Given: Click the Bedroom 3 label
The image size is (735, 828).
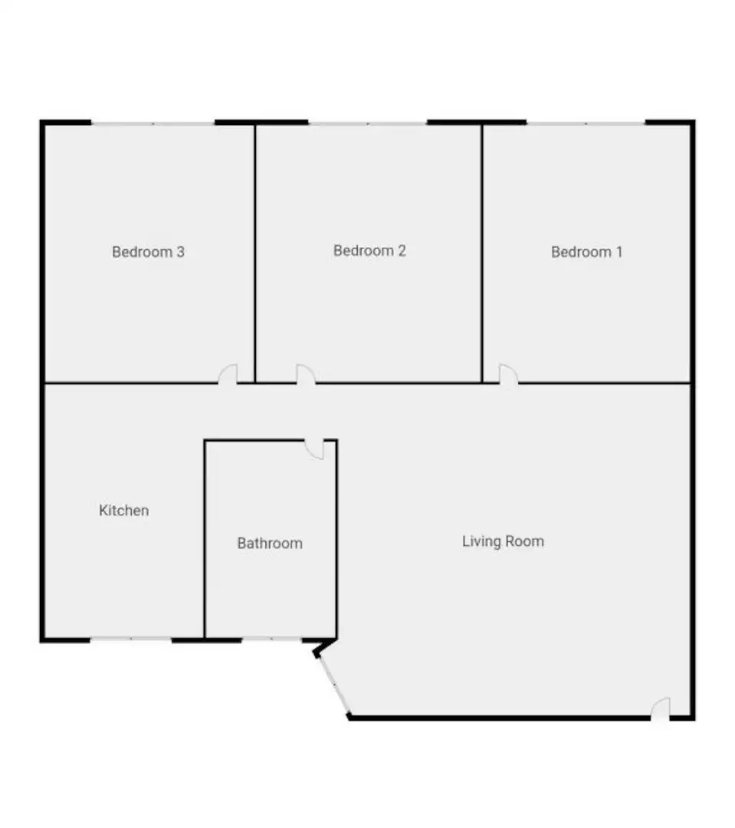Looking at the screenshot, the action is coord(148,252).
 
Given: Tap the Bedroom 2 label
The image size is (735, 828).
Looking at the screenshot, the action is coord(369,250).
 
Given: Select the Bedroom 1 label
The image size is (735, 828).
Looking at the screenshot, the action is coord(586,252).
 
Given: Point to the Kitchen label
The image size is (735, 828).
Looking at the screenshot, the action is coord(124,511).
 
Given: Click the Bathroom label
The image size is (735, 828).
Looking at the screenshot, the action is coord(270,544).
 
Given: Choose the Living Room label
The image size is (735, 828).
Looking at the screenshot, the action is coord(504,541).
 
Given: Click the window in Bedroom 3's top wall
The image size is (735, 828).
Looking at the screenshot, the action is coord(153,123).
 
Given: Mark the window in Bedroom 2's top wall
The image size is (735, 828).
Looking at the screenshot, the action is coord(368,123).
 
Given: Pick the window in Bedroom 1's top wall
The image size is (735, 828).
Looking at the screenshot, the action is coord(586,123).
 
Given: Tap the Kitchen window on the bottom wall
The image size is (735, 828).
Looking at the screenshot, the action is coord(131,639).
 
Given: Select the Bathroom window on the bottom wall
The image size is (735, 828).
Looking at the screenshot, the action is coord(272,639).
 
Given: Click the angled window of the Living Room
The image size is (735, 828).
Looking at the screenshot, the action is coord(333,684).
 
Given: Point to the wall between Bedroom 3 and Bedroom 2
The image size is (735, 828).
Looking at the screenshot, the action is coord(255,254).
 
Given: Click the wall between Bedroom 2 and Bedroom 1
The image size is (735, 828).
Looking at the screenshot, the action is coord(482,254).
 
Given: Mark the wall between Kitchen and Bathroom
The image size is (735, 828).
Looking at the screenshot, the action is coord(205,539).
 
